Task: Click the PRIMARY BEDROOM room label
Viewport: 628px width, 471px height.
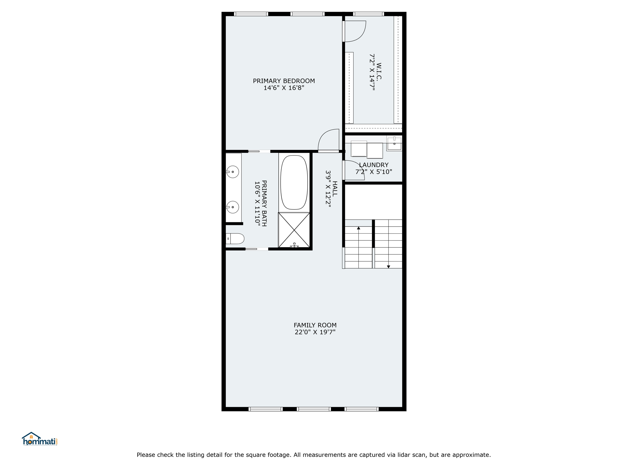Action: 284,81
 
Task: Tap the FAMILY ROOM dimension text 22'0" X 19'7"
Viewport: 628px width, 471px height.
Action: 315,332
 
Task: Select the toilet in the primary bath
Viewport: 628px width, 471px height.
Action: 235,239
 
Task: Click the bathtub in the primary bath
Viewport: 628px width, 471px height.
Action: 294,182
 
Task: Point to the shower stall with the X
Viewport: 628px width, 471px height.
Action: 294,230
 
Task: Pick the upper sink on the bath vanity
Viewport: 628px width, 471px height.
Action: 232,172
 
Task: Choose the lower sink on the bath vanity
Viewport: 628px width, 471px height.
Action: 232,207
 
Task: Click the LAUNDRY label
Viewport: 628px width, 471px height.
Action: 373,165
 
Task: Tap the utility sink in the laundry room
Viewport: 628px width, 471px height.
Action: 394,144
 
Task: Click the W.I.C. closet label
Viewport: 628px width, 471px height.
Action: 379,71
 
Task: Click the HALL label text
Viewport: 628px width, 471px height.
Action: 335,189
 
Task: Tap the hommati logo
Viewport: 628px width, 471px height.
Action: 40,439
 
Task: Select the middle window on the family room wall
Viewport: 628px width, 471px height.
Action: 314,409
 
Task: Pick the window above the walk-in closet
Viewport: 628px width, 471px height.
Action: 368,14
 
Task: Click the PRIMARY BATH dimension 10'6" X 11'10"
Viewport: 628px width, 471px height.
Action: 257,204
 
